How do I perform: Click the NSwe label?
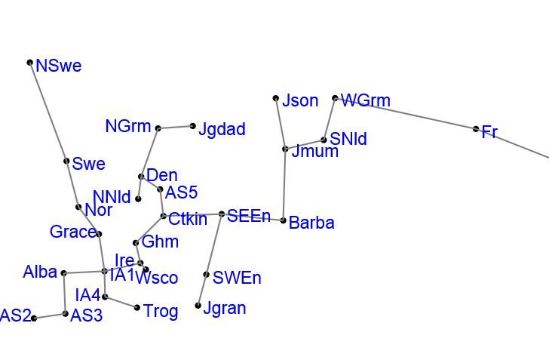[58, 66]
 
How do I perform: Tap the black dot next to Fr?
[476, 129]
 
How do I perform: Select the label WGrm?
[366, 100]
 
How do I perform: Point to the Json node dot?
[276, 98]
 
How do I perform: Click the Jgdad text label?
[222, 129]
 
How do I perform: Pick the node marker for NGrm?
[158, 128]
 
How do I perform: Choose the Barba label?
[311, 223]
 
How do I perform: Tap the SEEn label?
[249, 217]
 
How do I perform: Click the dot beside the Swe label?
[66, 161]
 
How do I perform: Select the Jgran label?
[225, 308]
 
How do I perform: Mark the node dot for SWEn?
[207, 275]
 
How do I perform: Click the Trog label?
[161, 311]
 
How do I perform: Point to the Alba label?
[40, 272]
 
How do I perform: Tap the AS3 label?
[86, 316]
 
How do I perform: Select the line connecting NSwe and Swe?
[48, 112]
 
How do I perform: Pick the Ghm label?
[160, 242]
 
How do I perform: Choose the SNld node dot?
[324, 140]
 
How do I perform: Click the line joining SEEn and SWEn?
[214, 245]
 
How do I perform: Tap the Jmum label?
[314, 152]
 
